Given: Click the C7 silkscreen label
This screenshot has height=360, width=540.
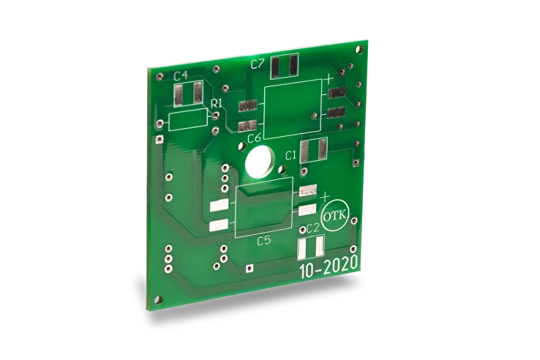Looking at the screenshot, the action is coord(258,64).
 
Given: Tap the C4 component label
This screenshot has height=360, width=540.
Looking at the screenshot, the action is coord(181,76).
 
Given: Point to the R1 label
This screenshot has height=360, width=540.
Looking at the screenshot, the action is coord(217,103).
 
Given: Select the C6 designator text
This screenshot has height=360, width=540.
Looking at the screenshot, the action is coord(254,138).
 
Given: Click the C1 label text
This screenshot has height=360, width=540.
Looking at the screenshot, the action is coord(291,156).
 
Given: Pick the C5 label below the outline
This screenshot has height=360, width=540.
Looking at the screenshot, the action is coord(264,241).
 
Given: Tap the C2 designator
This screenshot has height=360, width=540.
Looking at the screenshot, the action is coord(313,228).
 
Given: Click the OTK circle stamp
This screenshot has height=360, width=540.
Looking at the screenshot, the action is coord(335,216).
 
